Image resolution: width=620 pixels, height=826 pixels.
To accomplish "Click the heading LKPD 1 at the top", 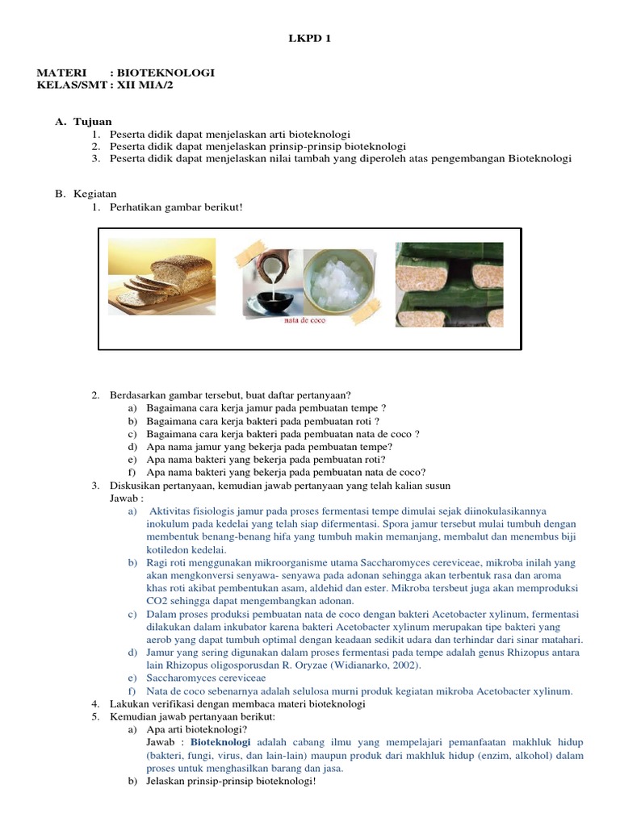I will point(310,38).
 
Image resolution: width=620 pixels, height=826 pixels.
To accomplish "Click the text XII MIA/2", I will point(145,86).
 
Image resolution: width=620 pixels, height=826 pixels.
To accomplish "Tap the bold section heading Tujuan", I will point(93,121).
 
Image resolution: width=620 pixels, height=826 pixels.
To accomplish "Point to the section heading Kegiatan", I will point(95,194).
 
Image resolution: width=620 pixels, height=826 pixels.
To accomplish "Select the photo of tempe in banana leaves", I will point(449,285).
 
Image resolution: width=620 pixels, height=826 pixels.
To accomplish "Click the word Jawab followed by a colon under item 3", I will point(126,499).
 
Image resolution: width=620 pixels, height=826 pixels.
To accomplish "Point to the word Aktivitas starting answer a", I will point(174,511).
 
